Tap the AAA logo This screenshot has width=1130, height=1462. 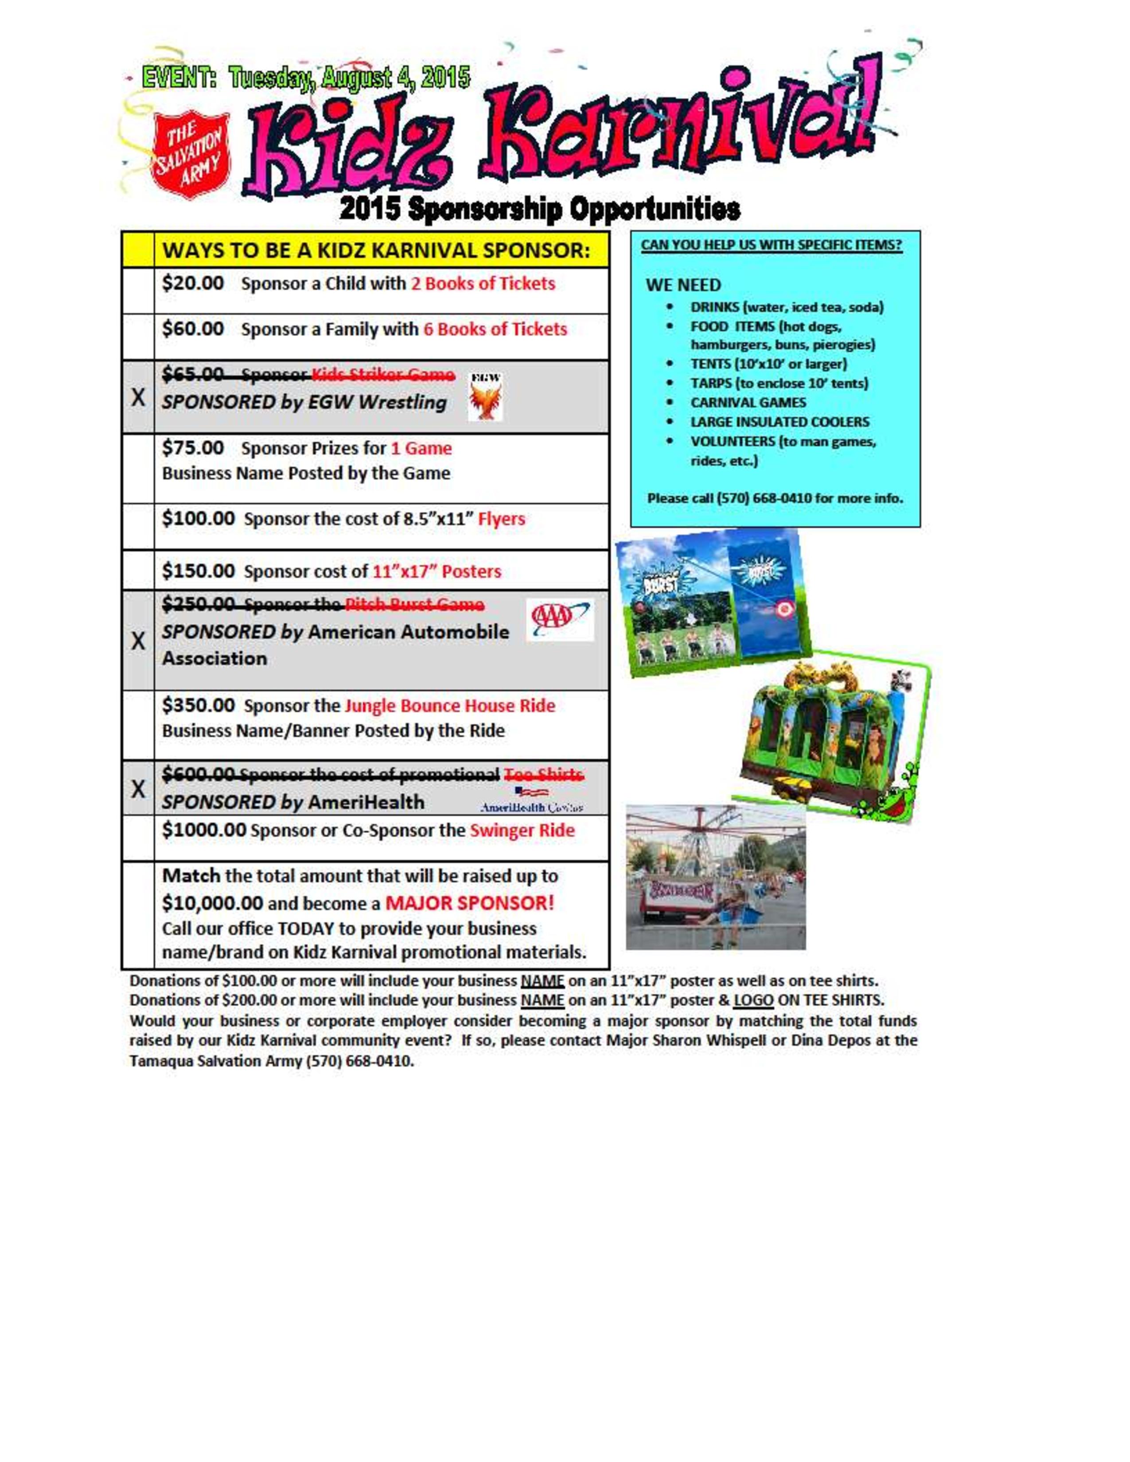(560, 619)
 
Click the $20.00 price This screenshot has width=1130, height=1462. (193, 283)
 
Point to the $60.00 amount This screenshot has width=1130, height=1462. (193, 329)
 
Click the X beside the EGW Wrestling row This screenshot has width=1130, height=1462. (138, 398)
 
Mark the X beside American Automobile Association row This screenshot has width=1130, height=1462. (138, 641)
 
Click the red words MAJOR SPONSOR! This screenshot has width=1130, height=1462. (470, 903)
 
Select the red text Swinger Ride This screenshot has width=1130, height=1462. (522, 831)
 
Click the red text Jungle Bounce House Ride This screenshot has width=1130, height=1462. (450, 706)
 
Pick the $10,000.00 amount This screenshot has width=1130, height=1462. (213, 903)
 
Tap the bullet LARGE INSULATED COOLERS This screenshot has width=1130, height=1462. (779, 422)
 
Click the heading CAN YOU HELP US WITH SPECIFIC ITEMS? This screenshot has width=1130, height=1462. (771, 245)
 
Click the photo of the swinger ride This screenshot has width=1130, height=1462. (716, 877)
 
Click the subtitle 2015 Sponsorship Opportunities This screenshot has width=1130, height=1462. (540, 210)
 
